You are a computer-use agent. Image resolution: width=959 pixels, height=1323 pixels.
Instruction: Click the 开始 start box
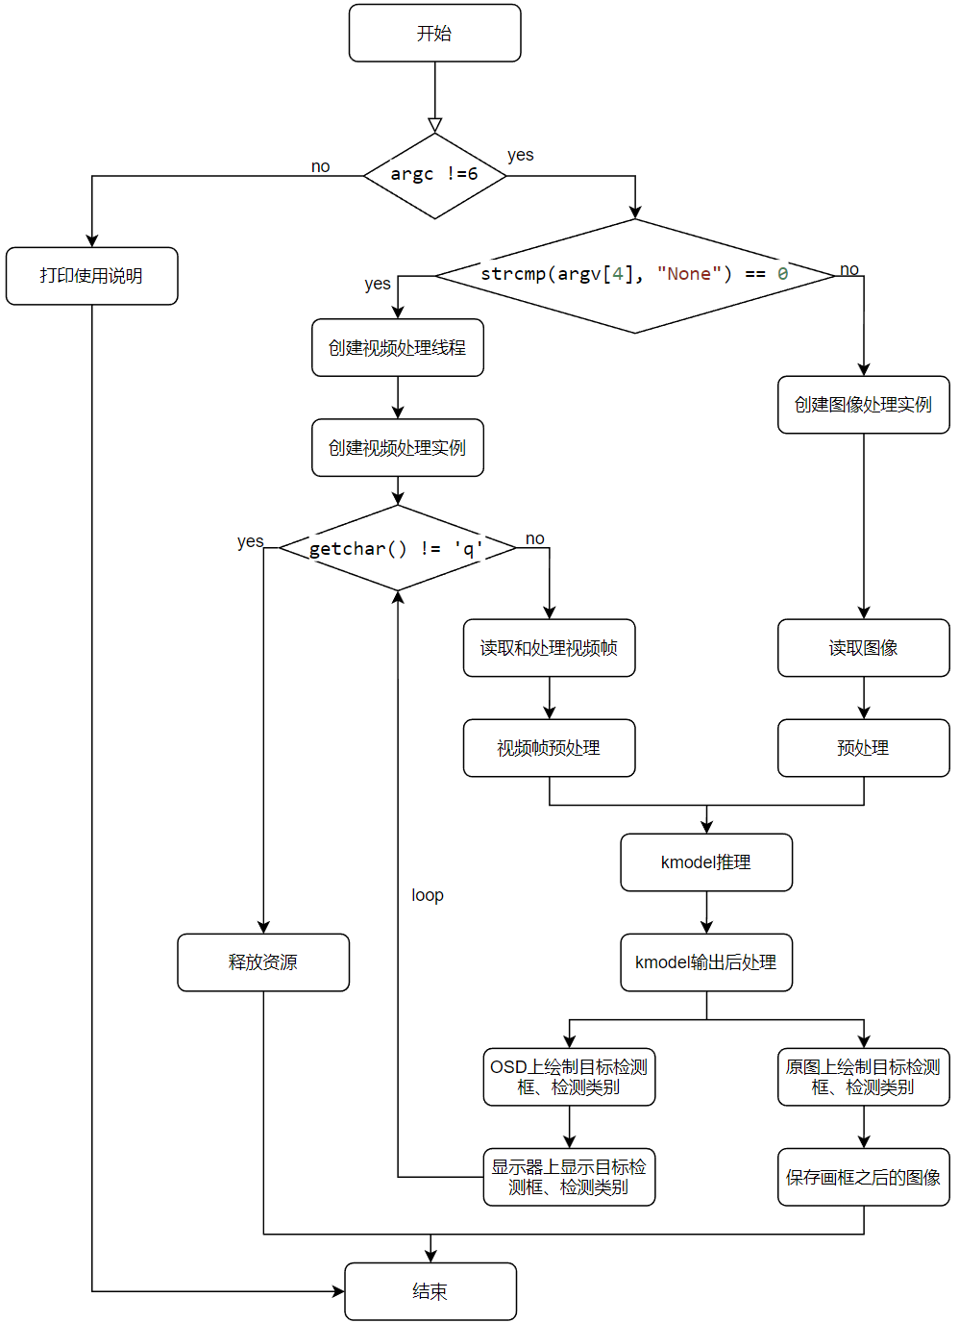[x=434, y=33]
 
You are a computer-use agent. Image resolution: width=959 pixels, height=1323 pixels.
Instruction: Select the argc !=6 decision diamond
[x=434, y=175]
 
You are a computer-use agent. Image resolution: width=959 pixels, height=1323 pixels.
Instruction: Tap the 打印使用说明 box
[x=91, y=276]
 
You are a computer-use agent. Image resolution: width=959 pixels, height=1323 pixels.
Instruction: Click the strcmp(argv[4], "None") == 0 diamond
[x=635, y=276]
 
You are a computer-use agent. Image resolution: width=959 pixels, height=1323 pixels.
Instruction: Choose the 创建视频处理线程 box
[x=397, y=347]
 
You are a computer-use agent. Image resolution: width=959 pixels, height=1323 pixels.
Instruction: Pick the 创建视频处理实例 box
[x=397, y=448]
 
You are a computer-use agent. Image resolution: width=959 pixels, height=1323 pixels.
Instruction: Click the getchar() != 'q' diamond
[x=397, y=547]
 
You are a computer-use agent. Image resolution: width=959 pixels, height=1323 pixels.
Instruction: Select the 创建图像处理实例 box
[x=864, y=405]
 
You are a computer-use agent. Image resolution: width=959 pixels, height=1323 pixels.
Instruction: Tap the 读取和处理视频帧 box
[x=549, y=648]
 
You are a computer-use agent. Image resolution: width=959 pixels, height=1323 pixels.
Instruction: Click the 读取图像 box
[x=864, y=648]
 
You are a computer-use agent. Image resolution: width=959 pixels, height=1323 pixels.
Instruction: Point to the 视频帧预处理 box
[x=549, y=748]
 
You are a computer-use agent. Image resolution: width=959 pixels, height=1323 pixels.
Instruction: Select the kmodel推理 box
[x=706, y=862]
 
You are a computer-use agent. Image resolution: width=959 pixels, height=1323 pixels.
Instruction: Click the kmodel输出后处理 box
[x=706, y=962]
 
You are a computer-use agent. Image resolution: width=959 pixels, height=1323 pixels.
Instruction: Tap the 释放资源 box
[x=263, y=962]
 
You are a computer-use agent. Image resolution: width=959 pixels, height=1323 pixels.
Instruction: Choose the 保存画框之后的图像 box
[x=864, y=1177]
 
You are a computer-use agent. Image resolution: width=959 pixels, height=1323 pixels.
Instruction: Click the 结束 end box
[x=430, y=1291]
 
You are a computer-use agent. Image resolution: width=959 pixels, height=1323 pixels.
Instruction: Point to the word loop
[x=428, y=895]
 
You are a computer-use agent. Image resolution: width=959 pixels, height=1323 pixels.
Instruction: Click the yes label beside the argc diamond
[x=521, y=155]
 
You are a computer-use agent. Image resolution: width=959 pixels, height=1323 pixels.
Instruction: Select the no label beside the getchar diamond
[x=534, y=538]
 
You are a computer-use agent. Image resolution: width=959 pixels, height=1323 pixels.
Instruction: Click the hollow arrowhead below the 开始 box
[x=435, y=125]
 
